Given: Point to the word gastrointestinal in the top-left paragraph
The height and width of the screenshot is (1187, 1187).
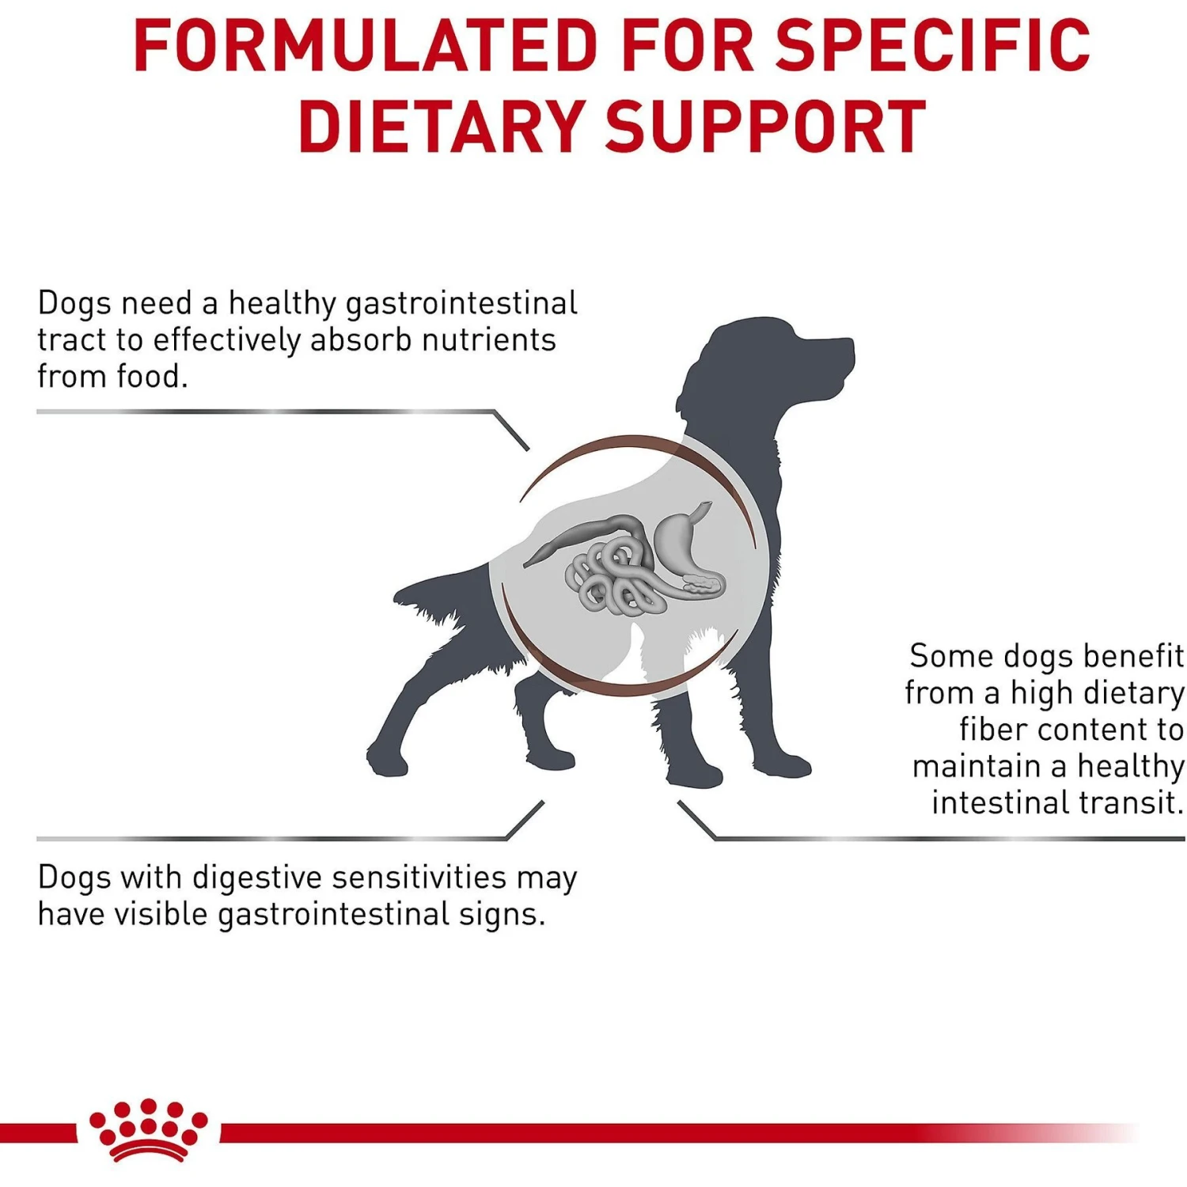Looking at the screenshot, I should click(x=461, y=305).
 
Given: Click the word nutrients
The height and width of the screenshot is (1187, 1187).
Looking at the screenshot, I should click(x=488, y=340).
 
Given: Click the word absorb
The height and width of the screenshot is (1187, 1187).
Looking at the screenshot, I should click(x=361, y=340).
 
